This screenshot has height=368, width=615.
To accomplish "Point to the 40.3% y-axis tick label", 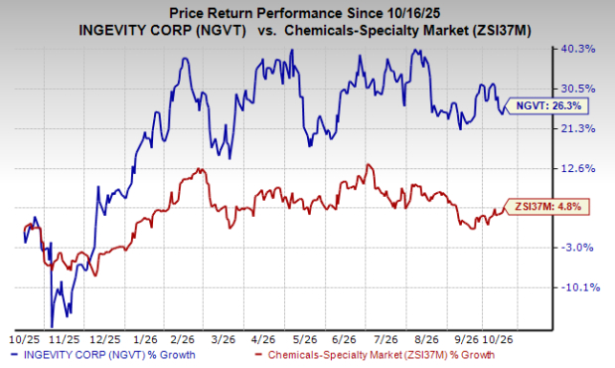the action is [579, 49].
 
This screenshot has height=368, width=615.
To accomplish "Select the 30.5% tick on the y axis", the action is [579, 89].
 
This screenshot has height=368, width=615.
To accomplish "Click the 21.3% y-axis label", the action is [579, 128].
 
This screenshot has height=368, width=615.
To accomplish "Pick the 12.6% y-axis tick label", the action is [579, 168].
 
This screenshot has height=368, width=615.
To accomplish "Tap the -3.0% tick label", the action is [577, 248].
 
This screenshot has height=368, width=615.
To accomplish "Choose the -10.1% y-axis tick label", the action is [580, 287].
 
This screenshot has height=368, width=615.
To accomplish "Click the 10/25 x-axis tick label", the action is [24, 339].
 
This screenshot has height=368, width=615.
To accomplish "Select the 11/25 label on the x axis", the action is [65, 339].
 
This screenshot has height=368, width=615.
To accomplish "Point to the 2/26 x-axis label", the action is [183, 339].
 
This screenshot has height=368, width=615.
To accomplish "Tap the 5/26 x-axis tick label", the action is [304, 339].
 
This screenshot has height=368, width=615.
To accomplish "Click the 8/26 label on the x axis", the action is [426, 339].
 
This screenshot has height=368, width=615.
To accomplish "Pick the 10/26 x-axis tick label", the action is [498, 339].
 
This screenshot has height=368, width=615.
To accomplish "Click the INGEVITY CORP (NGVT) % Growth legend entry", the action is [103, 355].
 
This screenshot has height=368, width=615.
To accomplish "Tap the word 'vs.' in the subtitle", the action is [265, 31].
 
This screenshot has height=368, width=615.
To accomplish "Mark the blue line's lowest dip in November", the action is [52, 327].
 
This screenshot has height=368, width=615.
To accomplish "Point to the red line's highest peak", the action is [368, 164].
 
